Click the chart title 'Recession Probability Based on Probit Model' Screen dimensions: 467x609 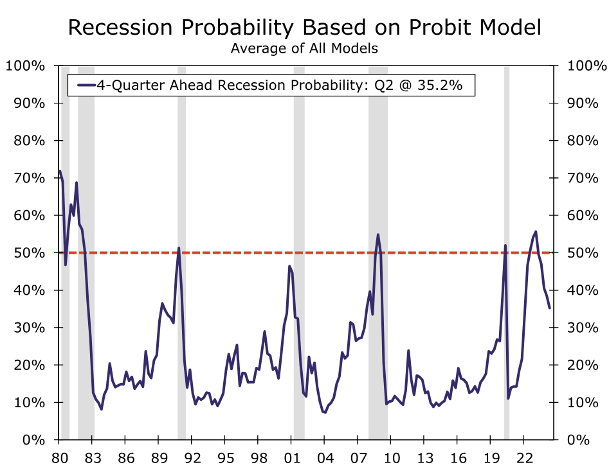(x=304, y=28)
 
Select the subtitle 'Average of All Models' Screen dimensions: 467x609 (x=304, y=48)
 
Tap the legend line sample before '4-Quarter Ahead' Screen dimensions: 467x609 (x=86, y=85)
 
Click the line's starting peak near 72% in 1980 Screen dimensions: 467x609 (x=60, y=171)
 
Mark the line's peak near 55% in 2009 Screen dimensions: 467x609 (x=377, y=234)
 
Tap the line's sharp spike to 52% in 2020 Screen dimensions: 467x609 (x=505, y=245)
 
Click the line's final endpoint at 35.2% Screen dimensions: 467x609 (x=549, y=308)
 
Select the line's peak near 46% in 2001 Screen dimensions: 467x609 (x=289, y=266)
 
